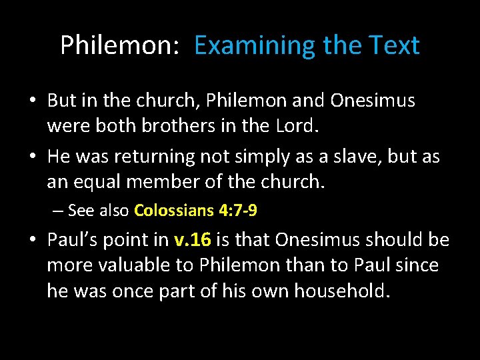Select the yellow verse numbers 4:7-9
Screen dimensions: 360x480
tap(238, 211)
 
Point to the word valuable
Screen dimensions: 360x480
tap(131, 265)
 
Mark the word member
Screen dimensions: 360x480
tap(177, 181)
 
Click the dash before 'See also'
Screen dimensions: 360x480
tap(58, 211)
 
